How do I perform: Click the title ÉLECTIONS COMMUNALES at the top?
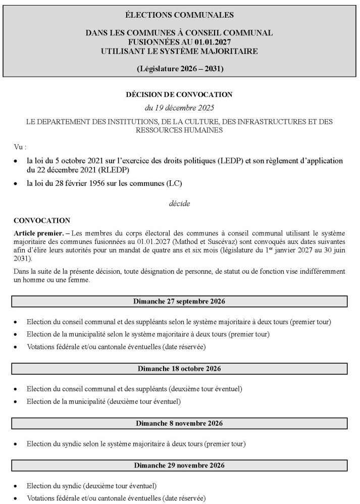179,15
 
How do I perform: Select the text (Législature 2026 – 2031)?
179,68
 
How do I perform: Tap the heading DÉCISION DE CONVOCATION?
179,94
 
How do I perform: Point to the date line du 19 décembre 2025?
179,108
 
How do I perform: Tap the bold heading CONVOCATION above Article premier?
42,221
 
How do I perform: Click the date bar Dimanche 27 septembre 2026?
179,301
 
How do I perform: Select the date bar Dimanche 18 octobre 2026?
179,369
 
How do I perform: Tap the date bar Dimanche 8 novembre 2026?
179,423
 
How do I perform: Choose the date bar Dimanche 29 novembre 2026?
179,465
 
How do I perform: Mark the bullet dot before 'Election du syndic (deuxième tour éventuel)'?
17,486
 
